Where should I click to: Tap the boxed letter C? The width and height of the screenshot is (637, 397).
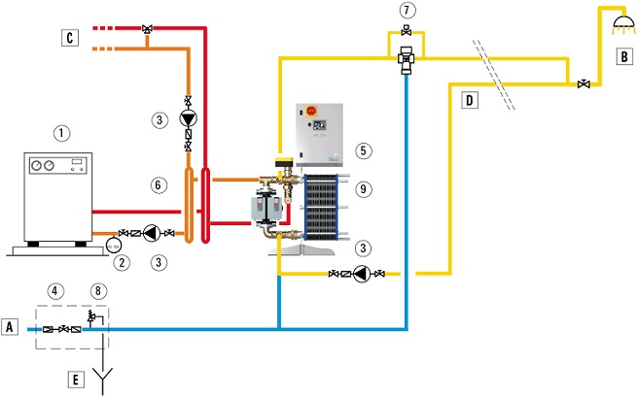[x=69, y=38]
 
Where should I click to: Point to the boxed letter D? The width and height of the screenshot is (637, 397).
[x=470, y=99]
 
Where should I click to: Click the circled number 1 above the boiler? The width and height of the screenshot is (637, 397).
[x=61, y=133]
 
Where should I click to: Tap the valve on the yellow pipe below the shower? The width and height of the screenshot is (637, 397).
[x=583, y=84]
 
